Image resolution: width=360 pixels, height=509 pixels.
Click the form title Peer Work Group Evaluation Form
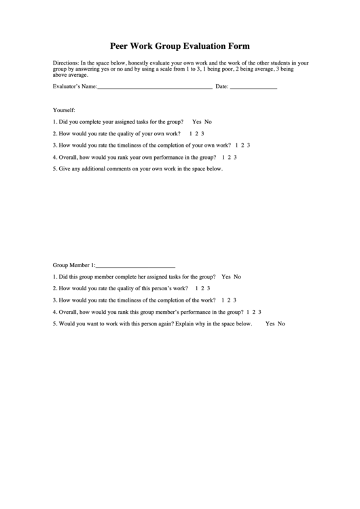[180, 46]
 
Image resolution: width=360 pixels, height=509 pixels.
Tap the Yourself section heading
[64, 110]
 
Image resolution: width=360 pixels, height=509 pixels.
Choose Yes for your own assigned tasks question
[197, 122]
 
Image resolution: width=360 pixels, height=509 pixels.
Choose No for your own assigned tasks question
[209, 122]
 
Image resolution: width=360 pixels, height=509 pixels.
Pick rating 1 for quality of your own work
[191, 133]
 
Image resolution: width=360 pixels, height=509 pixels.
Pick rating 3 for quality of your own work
[203, 133]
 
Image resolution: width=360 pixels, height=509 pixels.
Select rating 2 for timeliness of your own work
[243, 145]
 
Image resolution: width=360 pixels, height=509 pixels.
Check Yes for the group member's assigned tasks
[226, 277]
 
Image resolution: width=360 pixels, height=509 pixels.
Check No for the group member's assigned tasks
[238, 277]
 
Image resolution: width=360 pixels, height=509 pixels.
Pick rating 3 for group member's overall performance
[260, 312]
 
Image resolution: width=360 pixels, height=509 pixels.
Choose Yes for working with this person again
[270, 323]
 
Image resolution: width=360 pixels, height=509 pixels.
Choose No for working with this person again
[281, 323]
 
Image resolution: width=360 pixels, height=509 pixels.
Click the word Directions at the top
[65, 63]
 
